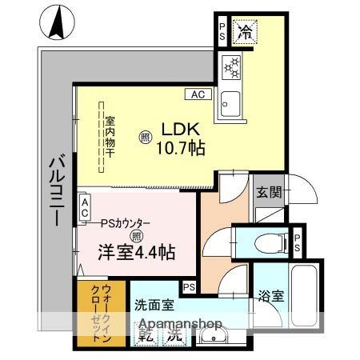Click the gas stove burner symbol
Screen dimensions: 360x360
tap(233, 70)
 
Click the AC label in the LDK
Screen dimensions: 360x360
tap(197, 94)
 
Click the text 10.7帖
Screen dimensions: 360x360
tap(181, 148)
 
